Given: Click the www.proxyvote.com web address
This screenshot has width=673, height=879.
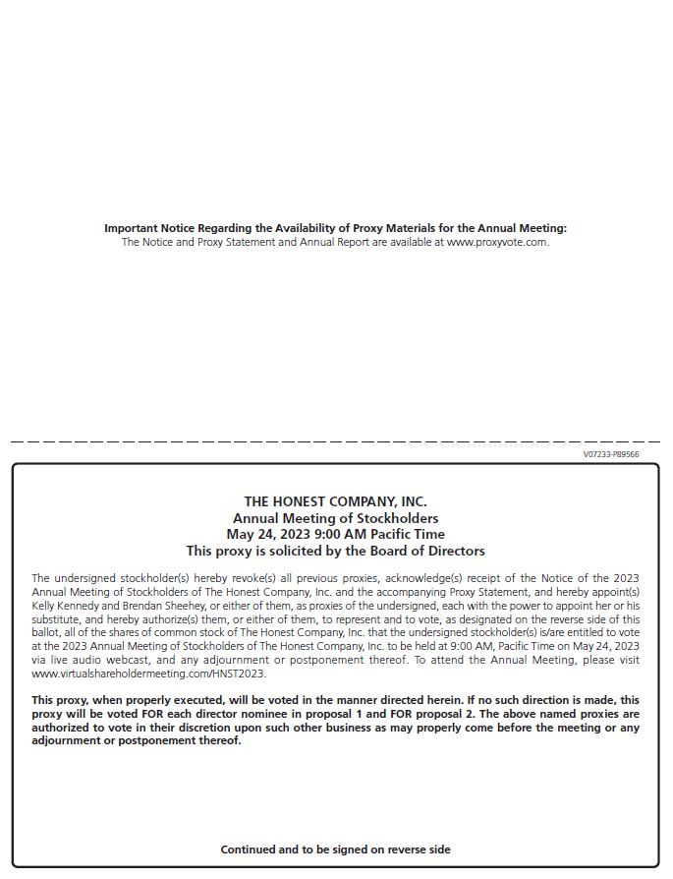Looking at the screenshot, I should tap(497, 242).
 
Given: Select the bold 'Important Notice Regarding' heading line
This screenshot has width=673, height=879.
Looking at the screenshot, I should tap(335, 228).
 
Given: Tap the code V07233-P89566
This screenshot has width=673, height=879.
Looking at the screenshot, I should tap(610, 454).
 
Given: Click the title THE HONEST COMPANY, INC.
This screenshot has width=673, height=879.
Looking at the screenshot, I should tap(335, 501).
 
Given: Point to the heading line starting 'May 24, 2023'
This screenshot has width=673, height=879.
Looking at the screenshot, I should tap(335, 534).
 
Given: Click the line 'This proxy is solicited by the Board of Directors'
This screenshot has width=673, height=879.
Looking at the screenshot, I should tap(335, 551).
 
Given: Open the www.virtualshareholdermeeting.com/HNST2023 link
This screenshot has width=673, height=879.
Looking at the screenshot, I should tap(148, 674).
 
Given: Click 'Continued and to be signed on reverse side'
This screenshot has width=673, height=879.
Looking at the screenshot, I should tap(335, 849).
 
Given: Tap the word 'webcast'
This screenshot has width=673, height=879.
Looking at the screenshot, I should tap(120, 660).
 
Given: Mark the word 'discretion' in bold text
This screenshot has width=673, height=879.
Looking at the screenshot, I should tap(189, 728).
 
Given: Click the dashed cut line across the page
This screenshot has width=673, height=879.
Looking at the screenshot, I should tap(335, 441).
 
